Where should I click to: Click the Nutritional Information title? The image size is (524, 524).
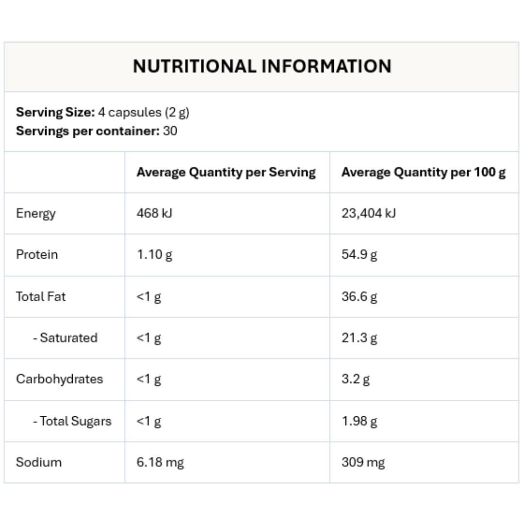click(x=262, y=66)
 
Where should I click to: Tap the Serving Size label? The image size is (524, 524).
click(x=55, y=112)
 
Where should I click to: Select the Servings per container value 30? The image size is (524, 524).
click(x=170, y=131)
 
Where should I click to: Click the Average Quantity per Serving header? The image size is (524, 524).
click(x=226, y=172)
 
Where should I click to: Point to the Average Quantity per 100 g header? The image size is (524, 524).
click(x=423, y=172)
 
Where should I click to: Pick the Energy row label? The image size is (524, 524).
click(x=36, y=213)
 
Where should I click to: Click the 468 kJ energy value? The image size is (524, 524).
click(x=154, y=213)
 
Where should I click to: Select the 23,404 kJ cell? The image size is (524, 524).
click(x=368, y=213)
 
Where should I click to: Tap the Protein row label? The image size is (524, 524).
click(x=37, y=255)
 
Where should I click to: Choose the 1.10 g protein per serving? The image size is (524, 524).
click(x=154, y=255)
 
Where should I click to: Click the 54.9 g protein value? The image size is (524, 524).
click(x=359, y=255)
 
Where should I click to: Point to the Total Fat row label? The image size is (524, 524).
click(x=41, y=296)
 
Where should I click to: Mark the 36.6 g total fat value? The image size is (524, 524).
click(x=359, y=296)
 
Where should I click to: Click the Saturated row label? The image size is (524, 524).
click(x=65, y=338)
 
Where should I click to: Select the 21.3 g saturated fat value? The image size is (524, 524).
click(x=359, y=338)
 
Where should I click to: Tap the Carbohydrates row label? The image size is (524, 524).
click(x=60, y=379)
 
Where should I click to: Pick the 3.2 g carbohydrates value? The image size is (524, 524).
click(x=355, y=379)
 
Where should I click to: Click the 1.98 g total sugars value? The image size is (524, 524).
click(x=359, y=421)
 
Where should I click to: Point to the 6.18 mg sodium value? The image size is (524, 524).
click(x=160, y=462)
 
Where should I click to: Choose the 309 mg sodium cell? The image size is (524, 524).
click(x=363, y=462)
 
